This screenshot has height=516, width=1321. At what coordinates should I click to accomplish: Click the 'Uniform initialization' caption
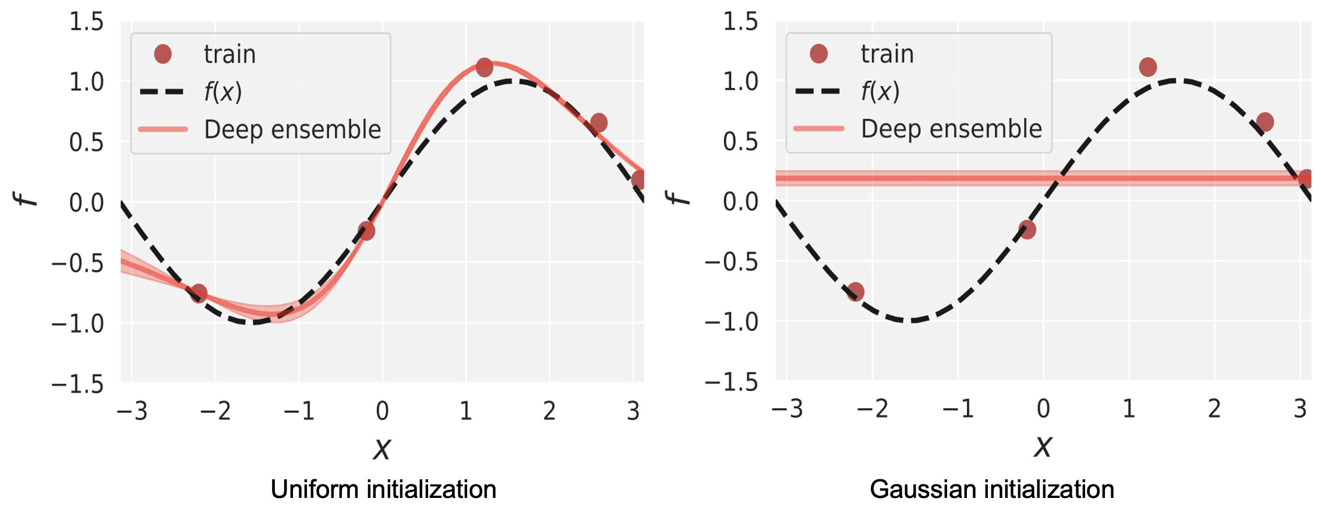pyautogui.click(x=383, y=489)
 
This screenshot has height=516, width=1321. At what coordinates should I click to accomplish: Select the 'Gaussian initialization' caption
pyautogui.click(x=991, y=489)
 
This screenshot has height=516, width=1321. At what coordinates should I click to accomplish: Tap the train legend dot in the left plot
pyautogui.click(x=163, y=54)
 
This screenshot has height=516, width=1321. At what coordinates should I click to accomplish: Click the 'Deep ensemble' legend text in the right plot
pyautogui.click(x=951, y=129)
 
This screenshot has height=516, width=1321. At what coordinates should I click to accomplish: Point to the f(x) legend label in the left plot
pyautogui.click(x=222, y=92)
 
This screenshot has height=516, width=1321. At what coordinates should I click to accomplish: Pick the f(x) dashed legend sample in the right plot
pyautogui.click(x=818, y=91)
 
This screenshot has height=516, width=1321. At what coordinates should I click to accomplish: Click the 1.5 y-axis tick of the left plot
pyautogui.click(x=86, y=22)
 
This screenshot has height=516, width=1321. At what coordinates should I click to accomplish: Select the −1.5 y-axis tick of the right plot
pyautogui.click(x=732, y=383)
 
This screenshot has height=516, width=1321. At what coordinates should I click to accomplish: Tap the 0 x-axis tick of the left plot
pyautogui.click(x=382, y=411)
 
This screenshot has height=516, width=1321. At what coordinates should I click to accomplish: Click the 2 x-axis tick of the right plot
pyautogui.click(x=1214, y=409)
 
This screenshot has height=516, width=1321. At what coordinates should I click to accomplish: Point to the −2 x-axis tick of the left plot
pyautogui.click(x=215, y=411)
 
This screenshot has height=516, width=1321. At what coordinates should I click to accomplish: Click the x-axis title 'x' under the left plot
pyautogui.click(x=382, y=448)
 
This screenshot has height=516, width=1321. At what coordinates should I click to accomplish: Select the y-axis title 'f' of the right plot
pyautogui.click(x=678, y=198)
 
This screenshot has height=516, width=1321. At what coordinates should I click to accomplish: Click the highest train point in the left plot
pyautogui.click(x=484, y=68)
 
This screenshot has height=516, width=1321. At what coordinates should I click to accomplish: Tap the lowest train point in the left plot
pyautogui.click(x=199, y=293)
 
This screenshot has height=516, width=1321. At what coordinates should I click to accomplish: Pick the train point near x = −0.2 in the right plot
pyautogui.click(x=1027, y=229)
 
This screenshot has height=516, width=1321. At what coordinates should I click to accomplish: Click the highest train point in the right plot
pyautogui.click(x=1147, y=67)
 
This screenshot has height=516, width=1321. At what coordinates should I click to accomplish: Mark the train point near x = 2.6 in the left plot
pyautogui.click(x=598, y=123)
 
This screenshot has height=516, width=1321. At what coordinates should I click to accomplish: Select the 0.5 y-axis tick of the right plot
pyautogui.click(x=740, y=142)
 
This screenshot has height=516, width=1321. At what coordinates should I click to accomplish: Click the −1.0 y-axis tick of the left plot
pyautogui.click(x=78, y=323)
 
